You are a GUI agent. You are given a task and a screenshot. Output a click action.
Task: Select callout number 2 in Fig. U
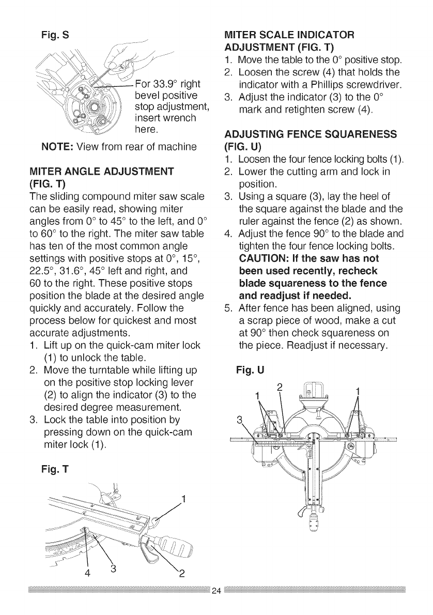tap(279, 387)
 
